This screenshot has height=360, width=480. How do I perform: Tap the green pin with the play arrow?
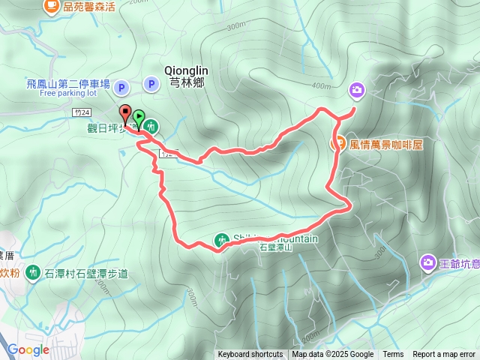pyautogui.click(x=138, y=117)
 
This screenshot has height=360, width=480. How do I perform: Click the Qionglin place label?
pyautogui.click(x=185, y=70)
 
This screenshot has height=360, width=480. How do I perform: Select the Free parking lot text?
pyautogui.click(x=68, y=94)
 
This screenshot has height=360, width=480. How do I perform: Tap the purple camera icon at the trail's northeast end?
pyautogui.click(x=356, y=91)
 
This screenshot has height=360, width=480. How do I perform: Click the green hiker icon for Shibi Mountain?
pyautogui.click(x=222, y=240)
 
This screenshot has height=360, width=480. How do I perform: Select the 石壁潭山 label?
pyautogui.click(x=274, y=247)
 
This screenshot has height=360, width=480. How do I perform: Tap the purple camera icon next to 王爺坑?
pyautogui.click(x=427, y=262)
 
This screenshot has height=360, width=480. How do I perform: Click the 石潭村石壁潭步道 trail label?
pyautogui.click(x=86, y=272)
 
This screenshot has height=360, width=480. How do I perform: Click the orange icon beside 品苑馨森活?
pyautogui.click(x=51, y=6)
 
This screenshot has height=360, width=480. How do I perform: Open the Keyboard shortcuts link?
pyautogui.click(x=250, y=355)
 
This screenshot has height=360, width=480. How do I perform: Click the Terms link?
pyautogui.click(x=393, y=355)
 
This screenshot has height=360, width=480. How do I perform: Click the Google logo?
pyautogui.click(x=28, y=349)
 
